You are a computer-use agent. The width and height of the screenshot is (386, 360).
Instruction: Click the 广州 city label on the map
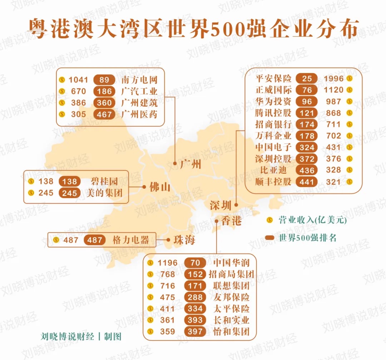tap(190, 164)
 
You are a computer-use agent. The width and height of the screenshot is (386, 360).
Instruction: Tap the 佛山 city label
tap(160, 187)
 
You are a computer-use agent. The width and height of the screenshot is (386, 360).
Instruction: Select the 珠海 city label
tap(184, 240)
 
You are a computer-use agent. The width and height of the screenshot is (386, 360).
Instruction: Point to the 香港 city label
tap(231, 221)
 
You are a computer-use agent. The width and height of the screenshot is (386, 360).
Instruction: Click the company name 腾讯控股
tap(273, 113)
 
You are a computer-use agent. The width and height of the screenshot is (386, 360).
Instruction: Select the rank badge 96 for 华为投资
tap(307, 102)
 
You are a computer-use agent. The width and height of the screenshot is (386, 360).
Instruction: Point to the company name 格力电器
tap(130, 240)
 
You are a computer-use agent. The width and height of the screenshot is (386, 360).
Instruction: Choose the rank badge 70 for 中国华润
tap(195, 263)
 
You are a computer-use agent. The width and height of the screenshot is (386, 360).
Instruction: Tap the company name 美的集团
tap(104, 193)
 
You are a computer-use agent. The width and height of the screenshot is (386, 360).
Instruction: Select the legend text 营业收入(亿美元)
tap(313, 220)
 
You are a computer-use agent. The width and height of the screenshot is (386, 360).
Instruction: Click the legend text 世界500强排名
tap(308, 238)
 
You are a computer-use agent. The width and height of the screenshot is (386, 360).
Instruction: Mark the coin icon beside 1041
tap(62, 80)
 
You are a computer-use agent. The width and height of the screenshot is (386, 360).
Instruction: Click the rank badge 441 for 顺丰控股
tap(307, 182)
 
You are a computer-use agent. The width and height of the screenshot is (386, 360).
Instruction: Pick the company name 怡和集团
tap(231, 331)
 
